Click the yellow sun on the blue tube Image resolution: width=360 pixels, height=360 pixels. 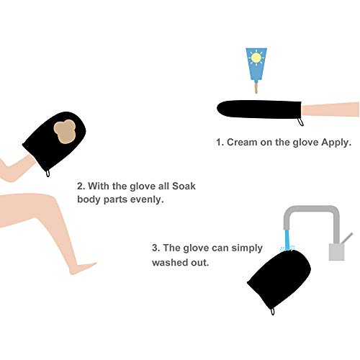(x=256, y=58)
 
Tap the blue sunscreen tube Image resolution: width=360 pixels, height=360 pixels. (x=256, y=64)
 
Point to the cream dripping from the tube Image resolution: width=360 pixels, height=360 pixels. (x=256, y=88)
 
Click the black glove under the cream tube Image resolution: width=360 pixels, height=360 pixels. (x=259, y=109)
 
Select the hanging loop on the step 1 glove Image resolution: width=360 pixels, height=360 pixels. (x=300, y=122)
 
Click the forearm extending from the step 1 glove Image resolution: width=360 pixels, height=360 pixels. (x=330, y=109)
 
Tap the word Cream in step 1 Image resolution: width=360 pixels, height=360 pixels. (x=242, y=143)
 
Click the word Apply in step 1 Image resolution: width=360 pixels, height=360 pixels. (x=336, y=143)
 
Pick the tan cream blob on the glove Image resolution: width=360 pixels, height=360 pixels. (x=64, y=132)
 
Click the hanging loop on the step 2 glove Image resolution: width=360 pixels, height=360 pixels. (x=48, y=173)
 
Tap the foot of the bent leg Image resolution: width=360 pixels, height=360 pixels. (x=83, y=268)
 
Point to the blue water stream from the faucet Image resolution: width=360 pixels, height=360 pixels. (x=287, y=240)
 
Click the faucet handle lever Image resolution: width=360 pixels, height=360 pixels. (x=346, y=238)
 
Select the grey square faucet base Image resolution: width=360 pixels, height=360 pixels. (x=336, y=252)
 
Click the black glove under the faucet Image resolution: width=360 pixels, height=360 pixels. (x=279, y=279)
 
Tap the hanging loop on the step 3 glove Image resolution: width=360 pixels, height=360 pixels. (x=273, y=311)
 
